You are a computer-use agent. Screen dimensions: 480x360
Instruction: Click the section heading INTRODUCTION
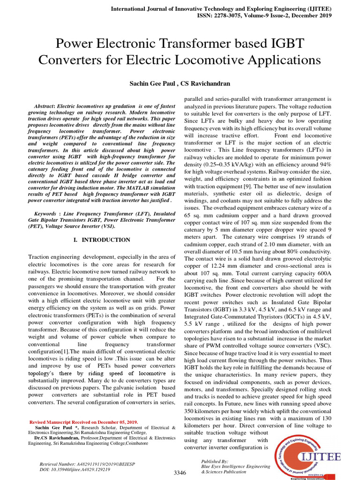[106, 240]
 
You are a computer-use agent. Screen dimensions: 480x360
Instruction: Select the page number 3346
[180, 472]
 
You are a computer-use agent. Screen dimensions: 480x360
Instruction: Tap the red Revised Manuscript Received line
[87, 422]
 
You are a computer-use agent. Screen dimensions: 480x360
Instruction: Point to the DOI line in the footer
[75, 469]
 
